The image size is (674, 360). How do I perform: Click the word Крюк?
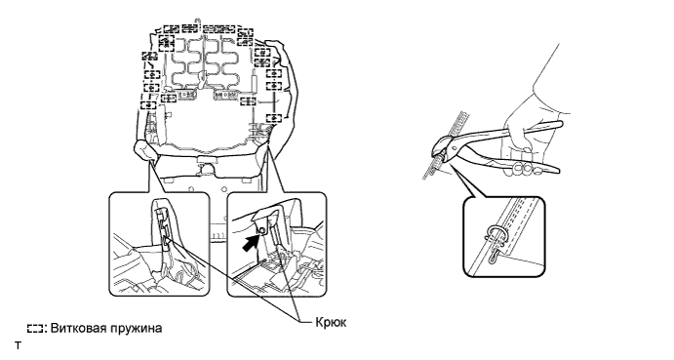pos(331,322)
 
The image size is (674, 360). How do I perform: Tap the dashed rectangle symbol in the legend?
pos(35,329)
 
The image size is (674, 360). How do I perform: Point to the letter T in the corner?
pos(18,345)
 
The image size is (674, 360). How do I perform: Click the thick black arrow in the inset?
pos(250,242)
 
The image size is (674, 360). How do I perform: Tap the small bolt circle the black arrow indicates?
pos(260,232)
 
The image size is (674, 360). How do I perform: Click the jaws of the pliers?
pos(439,148)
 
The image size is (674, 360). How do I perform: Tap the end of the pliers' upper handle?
pos(560,124)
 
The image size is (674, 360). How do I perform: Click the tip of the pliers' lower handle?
pos(557,170)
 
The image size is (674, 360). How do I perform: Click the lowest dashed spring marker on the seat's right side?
pos(273,117)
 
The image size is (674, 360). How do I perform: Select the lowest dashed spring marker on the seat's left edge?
pos(148,105)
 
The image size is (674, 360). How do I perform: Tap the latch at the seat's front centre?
pos(207,164)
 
